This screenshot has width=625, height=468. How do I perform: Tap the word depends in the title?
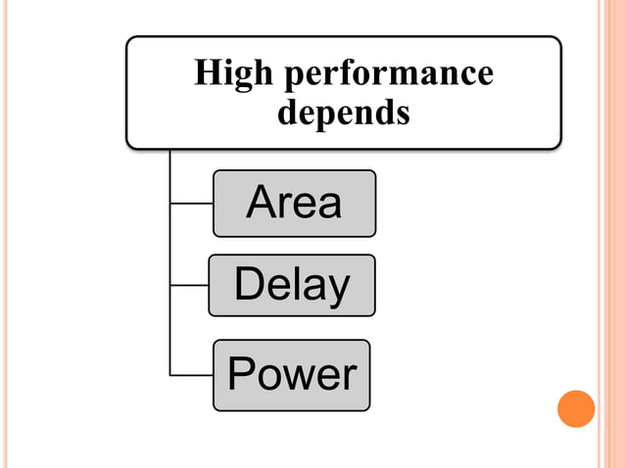[343, 113]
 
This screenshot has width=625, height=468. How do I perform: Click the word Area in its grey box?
[294, 203]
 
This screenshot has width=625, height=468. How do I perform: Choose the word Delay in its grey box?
[292, 285]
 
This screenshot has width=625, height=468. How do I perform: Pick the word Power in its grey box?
[292, 375]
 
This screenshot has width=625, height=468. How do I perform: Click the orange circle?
[576, 408]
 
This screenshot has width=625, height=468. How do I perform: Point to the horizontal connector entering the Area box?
[191, 204]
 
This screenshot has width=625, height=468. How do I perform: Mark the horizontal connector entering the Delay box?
[189, 286]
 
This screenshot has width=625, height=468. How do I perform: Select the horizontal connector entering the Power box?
[191, 375]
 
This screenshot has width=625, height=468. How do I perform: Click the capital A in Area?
[264, 203]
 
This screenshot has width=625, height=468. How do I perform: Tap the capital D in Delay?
[250, 284]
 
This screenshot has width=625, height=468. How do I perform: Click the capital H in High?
[207, 73]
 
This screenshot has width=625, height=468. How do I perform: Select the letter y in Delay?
[337, 289]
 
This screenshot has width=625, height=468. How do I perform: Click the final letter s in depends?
[402, 115]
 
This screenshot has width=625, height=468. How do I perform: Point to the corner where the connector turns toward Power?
[170, 375]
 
